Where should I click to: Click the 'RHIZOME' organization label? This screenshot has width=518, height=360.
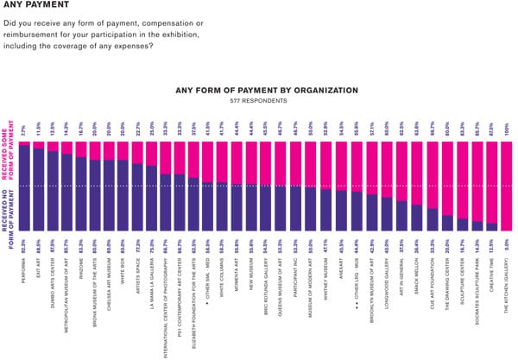point(81,275)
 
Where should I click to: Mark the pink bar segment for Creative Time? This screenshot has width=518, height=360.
point(491,181)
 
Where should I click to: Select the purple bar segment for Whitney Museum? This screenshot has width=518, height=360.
point(326,210)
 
